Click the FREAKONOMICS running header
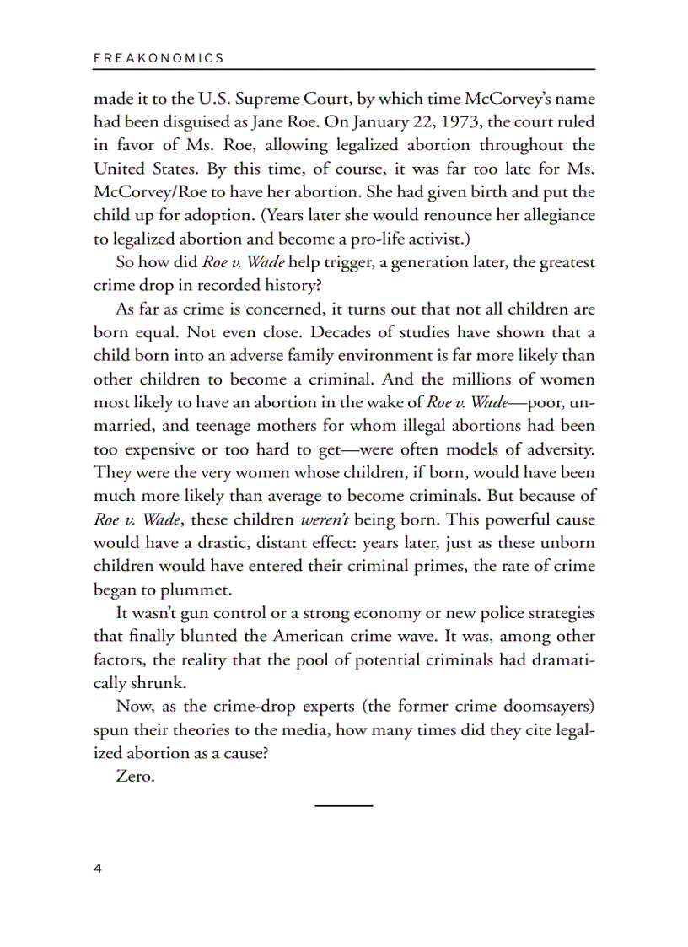point(159,58)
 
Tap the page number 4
point(98,869)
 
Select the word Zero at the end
point(135,777)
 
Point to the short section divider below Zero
point(344,806)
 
